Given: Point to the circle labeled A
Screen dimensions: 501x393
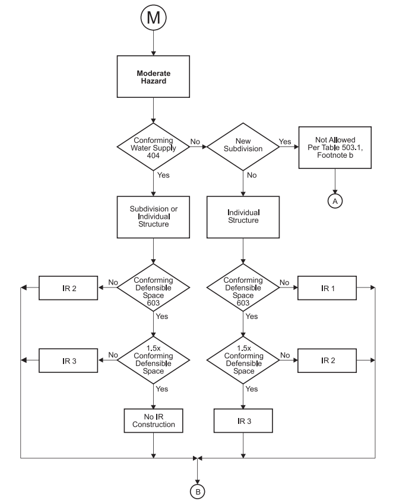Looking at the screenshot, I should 335,201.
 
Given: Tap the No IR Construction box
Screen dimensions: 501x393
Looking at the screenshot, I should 153,420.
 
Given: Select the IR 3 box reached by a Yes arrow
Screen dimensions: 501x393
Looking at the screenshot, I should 242,420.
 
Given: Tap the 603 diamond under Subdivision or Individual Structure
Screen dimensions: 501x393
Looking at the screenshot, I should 153,288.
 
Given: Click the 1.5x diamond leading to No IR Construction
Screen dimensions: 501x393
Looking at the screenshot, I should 153,360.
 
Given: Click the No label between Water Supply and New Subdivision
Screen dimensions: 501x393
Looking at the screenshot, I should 195,142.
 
